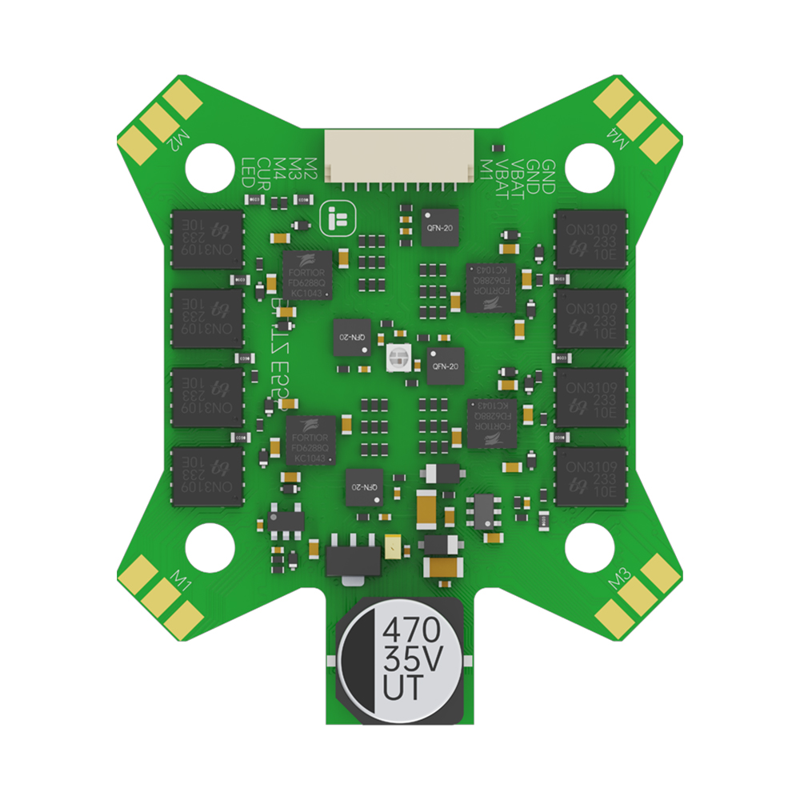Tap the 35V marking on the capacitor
click(412, 659)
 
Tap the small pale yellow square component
click(393, 547)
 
